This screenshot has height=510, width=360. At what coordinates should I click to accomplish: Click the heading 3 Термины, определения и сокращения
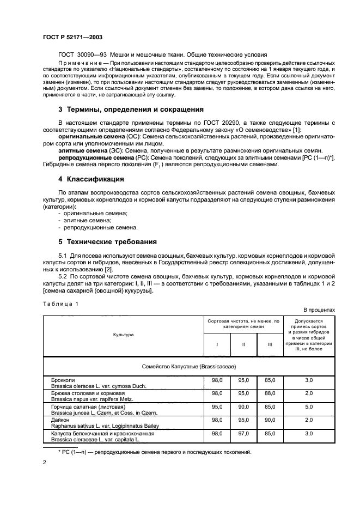tap(131, 109)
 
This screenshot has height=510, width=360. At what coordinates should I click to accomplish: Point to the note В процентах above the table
tap(319, 309)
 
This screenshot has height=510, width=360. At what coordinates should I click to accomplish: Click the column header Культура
tap(123, 335)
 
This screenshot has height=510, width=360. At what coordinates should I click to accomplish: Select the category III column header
tap(269, 344)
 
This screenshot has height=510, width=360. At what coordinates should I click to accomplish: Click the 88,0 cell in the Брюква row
tap(269, 393)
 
